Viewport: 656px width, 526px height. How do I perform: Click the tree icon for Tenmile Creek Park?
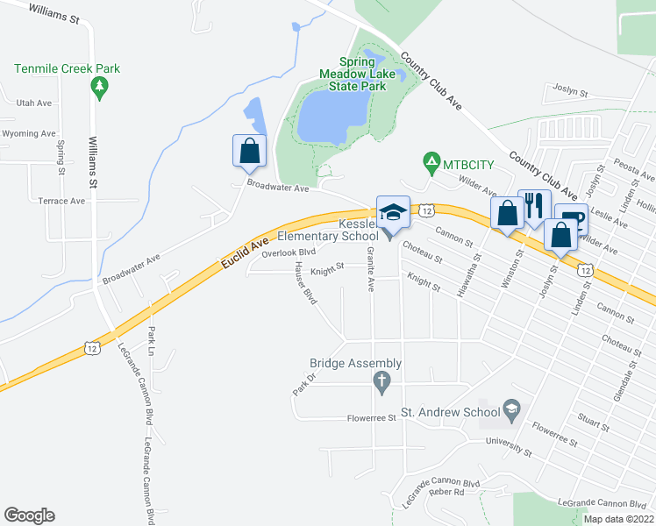(100, 87)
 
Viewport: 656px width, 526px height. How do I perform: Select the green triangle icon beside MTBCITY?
(431, 162)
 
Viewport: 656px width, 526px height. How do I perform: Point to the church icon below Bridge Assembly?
(381, 381)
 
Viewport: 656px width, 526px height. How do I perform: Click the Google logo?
(29, 515)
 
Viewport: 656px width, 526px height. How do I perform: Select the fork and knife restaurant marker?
(534, 206)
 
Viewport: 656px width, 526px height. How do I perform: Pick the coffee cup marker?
(571, 219)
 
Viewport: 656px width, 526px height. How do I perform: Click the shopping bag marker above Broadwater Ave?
(250, 150)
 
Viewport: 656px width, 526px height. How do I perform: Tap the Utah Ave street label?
(35, 103)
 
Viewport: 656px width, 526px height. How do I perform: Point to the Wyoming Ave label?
(29, 133)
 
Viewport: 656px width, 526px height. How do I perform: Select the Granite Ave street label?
(371, 271)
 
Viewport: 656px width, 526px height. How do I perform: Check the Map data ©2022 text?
(617, 519)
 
